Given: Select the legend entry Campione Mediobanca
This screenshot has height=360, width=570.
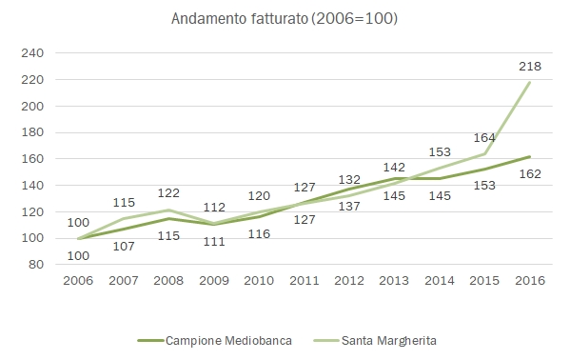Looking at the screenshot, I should click(x=212, y=340).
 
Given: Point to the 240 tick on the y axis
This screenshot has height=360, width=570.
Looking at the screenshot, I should click(x=33, y=53).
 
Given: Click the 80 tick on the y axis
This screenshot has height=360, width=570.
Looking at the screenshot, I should click(x=37, y=265).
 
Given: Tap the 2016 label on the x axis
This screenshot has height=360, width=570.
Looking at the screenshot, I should click(x=530, y=283).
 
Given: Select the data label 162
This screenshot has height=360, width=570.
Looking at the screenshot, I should click(x=531, y=174).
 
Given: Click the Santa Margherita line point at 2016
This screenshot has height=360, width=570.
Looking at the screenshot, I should click(x=530, y=82).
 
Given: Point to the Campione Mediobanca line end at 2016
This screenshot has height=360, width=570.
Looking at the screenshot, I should click(x=530, y=156).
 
